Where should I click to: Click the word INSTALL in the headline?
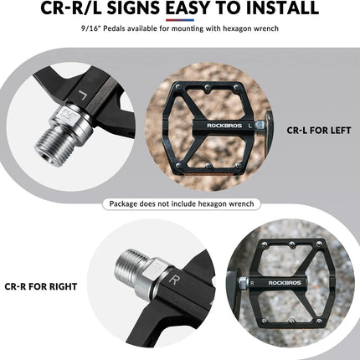click(x=282, y=8)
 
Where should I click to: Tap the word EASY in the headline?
click(x=187, y=8)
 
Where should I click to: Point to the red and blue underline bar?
click(x=180, y=20)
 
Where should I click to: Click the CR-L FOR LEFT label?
click(x=319, y=131)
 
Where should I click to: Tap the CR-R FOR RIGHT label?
click(x=41, y=286)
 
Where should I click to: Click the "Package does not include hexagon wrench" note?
click(x=182, y=203)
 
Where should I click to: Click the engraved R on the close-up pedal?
click(x=173, y=280)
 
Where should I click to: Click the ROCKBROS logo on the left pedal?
click(x=224, y=126)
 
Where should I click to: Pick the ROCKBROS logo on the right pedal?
click(x=285, y=283)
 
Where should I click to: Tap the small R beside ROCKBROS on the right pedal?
click(x=252, y=284)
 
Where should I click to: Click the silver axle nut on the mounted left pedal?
click(x=260, y=126)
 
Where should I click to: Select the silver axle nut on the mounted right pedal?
click(x=244, y=283)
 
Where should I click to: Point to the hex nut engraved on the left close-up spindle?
click(x=66, y=115)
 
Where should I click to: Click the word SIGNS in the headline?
click(x=134, y=8)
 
